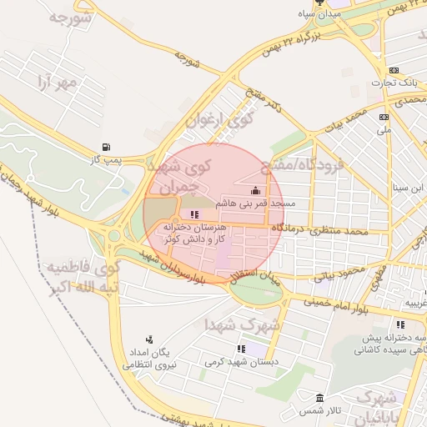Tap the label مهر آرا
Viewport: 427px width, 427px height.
pyautogui.click(x=57, y=82)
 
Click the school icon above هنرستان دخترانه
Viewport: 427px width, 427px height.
pyautogui.click(x=194, y=214)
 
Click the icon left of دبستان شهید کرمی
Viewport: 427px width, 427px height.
pyautogui.click(x=242, y=349)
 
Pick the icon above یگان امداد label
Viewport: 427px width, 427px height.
pyautogui.click(x=149, y=339)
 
